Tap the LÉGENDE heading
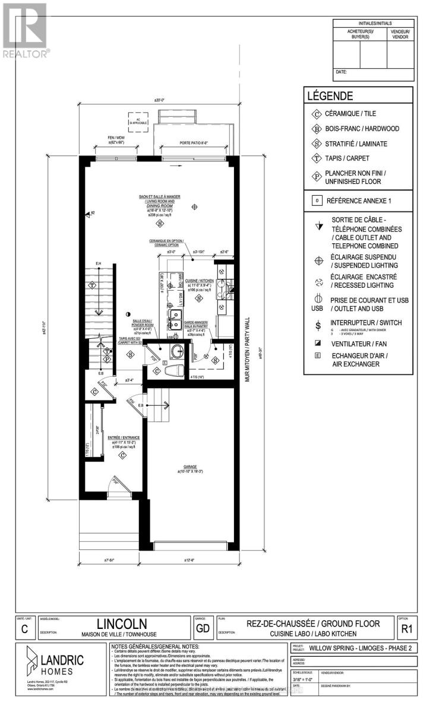tap(330, 96)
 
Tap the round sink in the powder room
tap(177, 351)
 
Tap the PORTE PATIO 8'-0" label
tap(195, 142)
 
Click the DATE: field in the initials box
tap(342, 72)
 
